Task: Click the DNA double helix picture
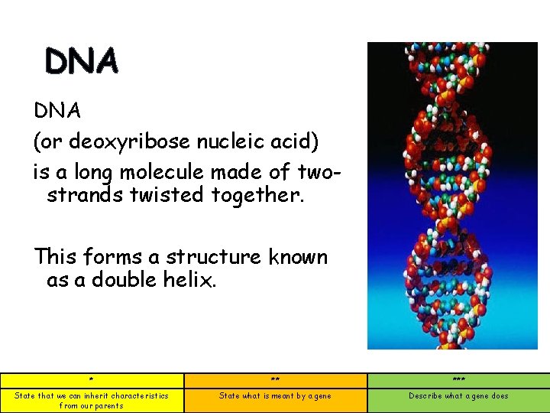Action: point(452,196)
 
